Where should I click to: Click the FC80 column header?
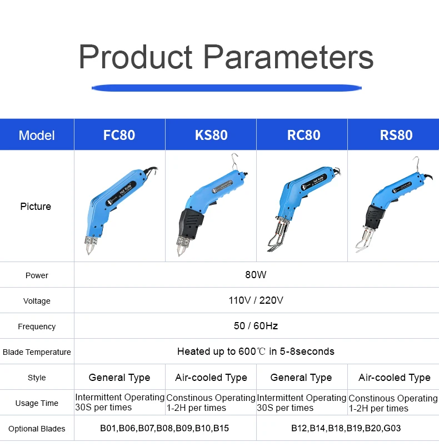click(x=119, y=135)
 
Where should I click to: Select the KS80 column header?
click(x=211, y=135)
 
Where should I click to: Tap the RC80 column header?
click(x=303, y=135)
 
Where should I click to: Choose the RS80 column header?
click(x=396, y=135)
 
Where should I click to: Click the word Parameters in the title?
click(x=288, y=57)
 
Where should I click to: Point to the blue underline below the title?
click(x=227, y=88)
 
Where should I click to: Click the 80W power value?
click(x=256, y=274)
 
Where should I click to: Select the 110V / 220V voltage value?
click(x=256, y=300)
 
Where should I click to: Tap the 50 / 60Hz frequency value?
click(x=256, y=325)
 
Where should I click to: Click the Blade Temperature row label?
click(x=37, y=352)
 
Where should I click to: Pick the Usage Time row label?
click(x=37, y=403)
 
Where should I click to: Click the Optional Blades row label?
click(x=37, y=429)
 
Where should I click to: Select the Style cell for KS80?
click(x=211, y=378)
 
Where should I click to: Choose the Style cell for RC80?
click(x=301, y=378)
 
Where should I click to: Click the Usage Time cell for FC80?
click(x=120, y=402)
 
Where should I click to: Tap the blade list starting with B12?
click(x=346, y=428)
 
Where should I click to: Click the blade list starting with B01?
click(x=164, y=428)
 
